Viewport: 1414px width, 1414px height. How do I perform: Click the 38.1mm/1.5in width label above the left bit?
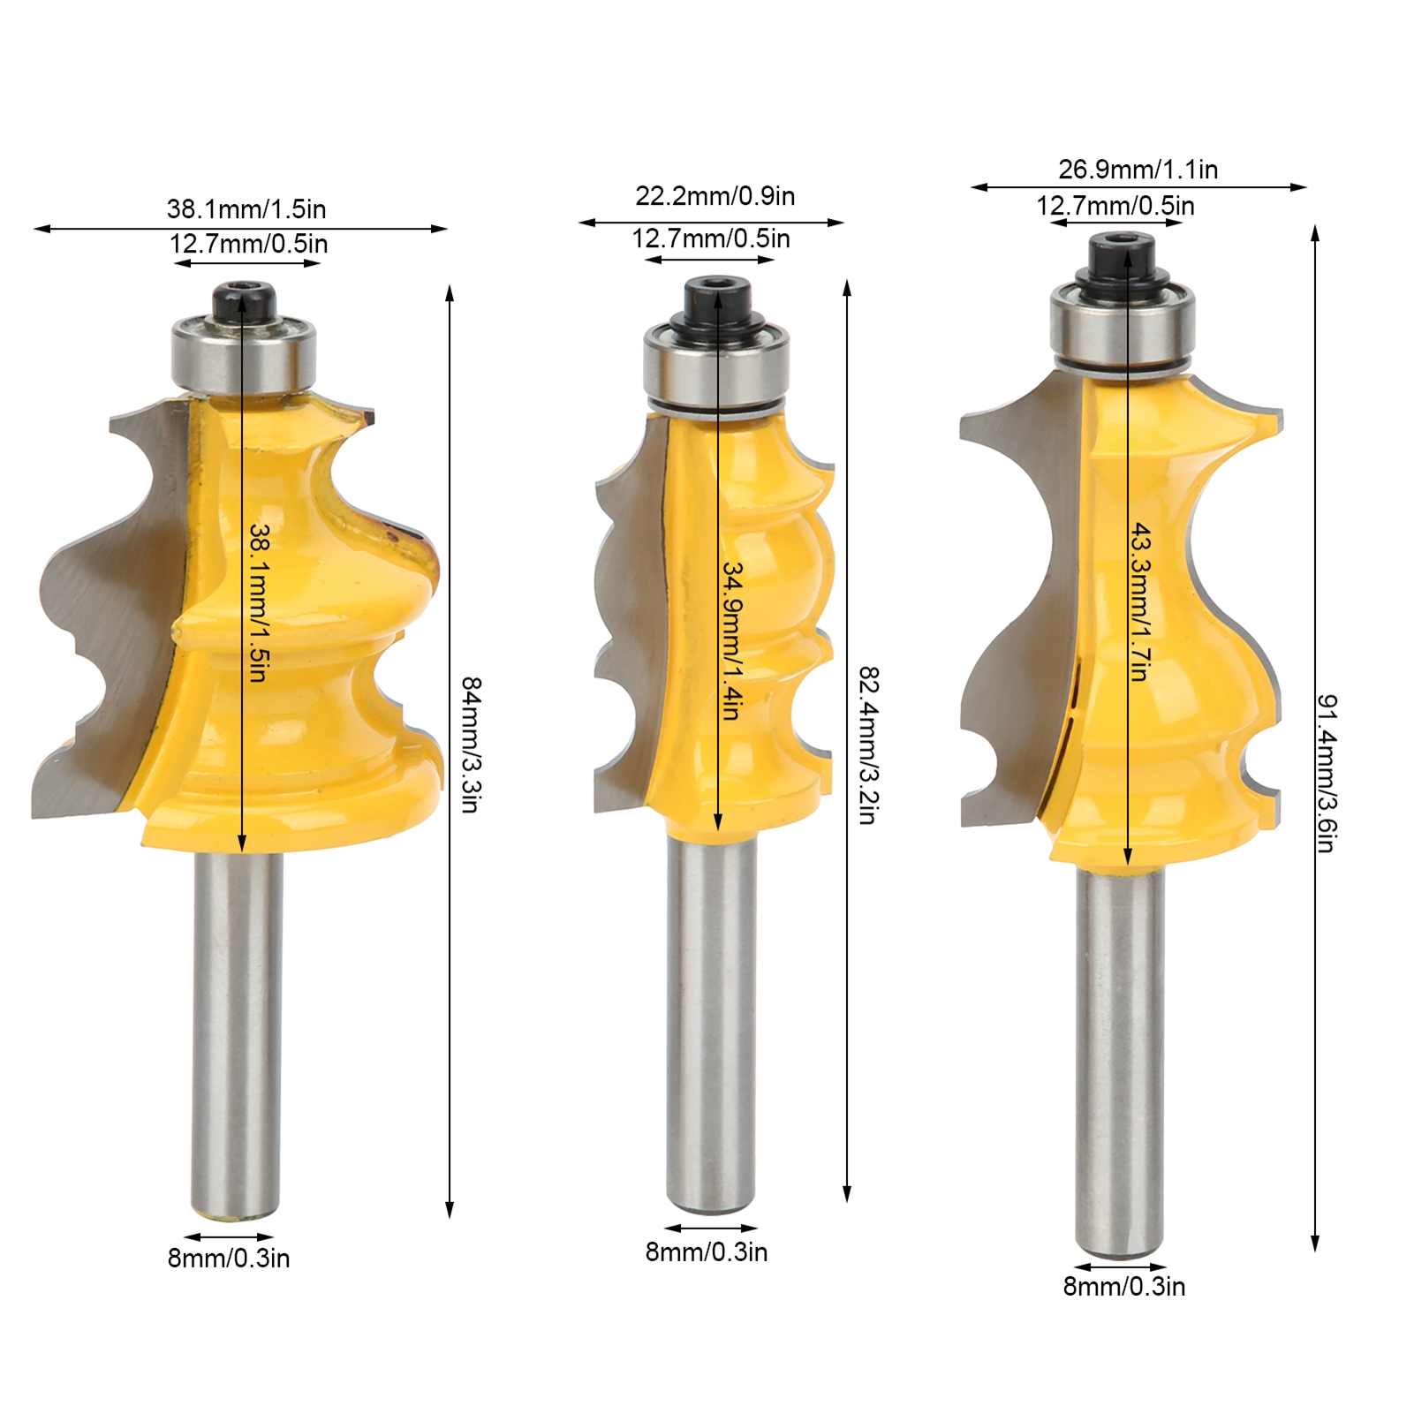point(246,209)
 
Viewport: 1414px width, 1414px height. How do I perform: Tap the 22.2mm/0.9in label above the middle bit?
point(715,196)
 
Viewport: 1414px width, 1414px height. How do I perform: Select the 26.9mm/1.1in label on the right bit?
point(1138,169)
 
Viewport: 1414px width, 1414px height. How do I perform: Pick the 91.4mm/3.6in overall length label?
point(1326,773)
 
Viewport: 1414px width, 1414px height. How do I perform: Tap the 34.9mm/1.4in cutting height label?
point(732,641)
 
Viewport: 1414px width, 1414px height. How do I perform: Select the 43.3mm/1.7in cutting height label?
point(1141,601)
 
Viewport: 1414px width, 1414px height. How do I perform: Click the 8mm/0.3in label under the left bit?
point(229,1258)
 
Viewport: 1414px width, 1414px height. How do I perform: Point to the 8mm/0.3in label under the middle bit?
point(707,1251)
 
